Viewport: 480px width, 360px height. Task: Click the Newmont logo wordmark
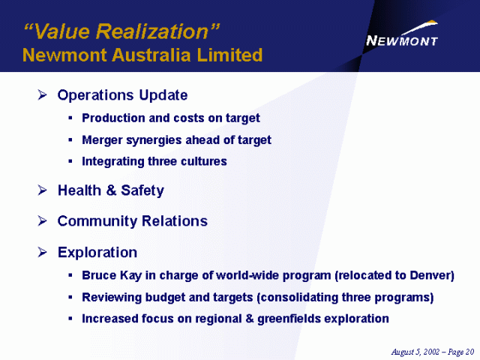(x=402, y=40)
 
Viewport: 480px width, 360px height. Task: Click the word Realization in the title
(x=152, y=31)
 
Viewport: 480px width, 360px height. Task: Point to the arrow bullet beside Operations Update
(x=42, y=95)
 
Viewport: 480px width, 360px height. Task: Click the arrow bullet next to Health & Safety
(x=42, y=190)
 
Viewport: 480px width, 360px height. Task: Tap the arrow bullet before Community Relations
(x=42, y=220)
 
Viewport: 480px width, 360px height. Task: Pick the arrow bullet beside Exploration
(x=42, y=252)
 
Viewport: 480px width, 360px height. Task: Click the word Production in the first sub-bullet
(x=113, y=118)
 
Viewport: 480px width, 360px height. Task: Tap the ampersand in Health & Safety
(x=112, y=190)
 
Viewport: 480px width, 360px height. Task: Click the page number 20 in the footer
(x=470, y=352)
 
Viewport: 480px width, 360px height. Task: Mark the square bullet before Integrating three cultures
(x=70, y=161)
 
